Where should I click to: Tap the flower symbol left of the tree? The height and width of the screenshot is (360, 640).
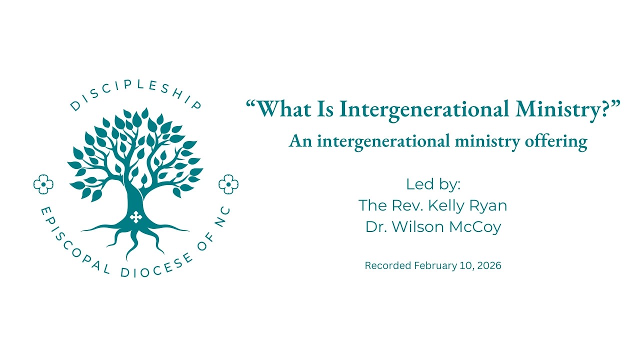pyautogui.click(x=43, y=184)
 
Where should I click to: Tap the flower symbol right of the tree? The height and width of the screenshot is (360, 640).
pyautogui.click(x=228, y=184)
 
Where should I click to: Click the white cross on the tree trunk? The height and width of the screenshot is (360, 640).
pyautogui.click(x=135, y=217)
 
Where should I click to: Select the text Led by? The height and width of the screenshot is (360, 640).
pyautogui.click(x=433, y=184)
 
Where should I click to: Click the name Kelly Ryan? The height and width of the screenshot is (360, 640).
pyautogui.click(x=469, y=205)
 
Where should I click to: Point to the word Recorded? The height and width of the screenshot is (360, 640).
pyautogui.click(x=388, y=266)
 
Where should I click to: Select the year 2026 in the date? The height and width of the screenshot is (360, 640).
pyautogui.click(x=488, y=266)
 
